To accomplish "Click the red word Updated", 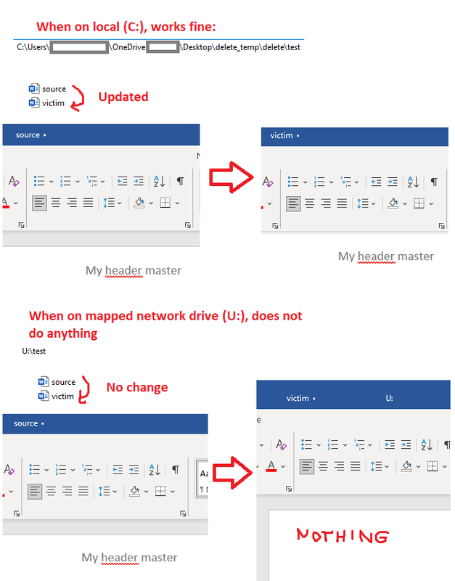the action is click(x=123, y=97).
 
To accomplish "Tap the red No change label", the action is click(x=137, y=387).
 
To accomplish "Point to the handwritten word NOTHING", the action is click(x=343, y=536).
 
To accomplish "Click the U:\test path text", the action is click(x=33, y=351).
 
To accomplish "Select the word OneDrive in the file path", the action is click(x=129, y=47).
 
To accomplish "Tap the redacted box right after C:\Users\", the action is click(x=79, y=47).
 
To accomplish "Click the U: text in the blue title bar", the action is click(x=390, y=398).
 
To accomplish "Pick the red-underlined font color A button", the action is click(x=271, y=466).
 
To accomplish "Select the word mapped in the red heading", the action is click(x=108, y=316).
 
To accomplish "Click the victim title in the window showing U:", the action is click(x=298, y=398).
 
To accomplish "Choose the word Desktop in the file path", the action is click(x=197, y=47).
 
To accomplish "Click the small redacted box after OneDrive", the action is click(x=163, y=47).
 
